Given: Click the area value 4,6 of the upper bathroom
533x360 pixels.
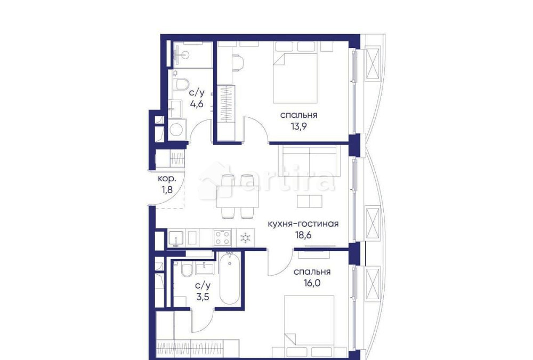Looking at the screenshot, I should point(197,104).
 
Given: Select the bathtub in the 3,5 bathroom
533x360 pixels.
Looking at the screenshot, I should point(230,278).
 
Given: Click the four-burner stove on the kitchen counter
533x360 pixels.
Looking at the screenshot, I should point(222,237).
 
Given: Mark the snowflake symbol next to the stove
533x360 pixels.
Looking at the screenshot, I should point(245,237).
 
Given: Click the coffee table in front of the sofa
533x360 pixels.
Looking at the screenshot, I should point(309,201).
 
